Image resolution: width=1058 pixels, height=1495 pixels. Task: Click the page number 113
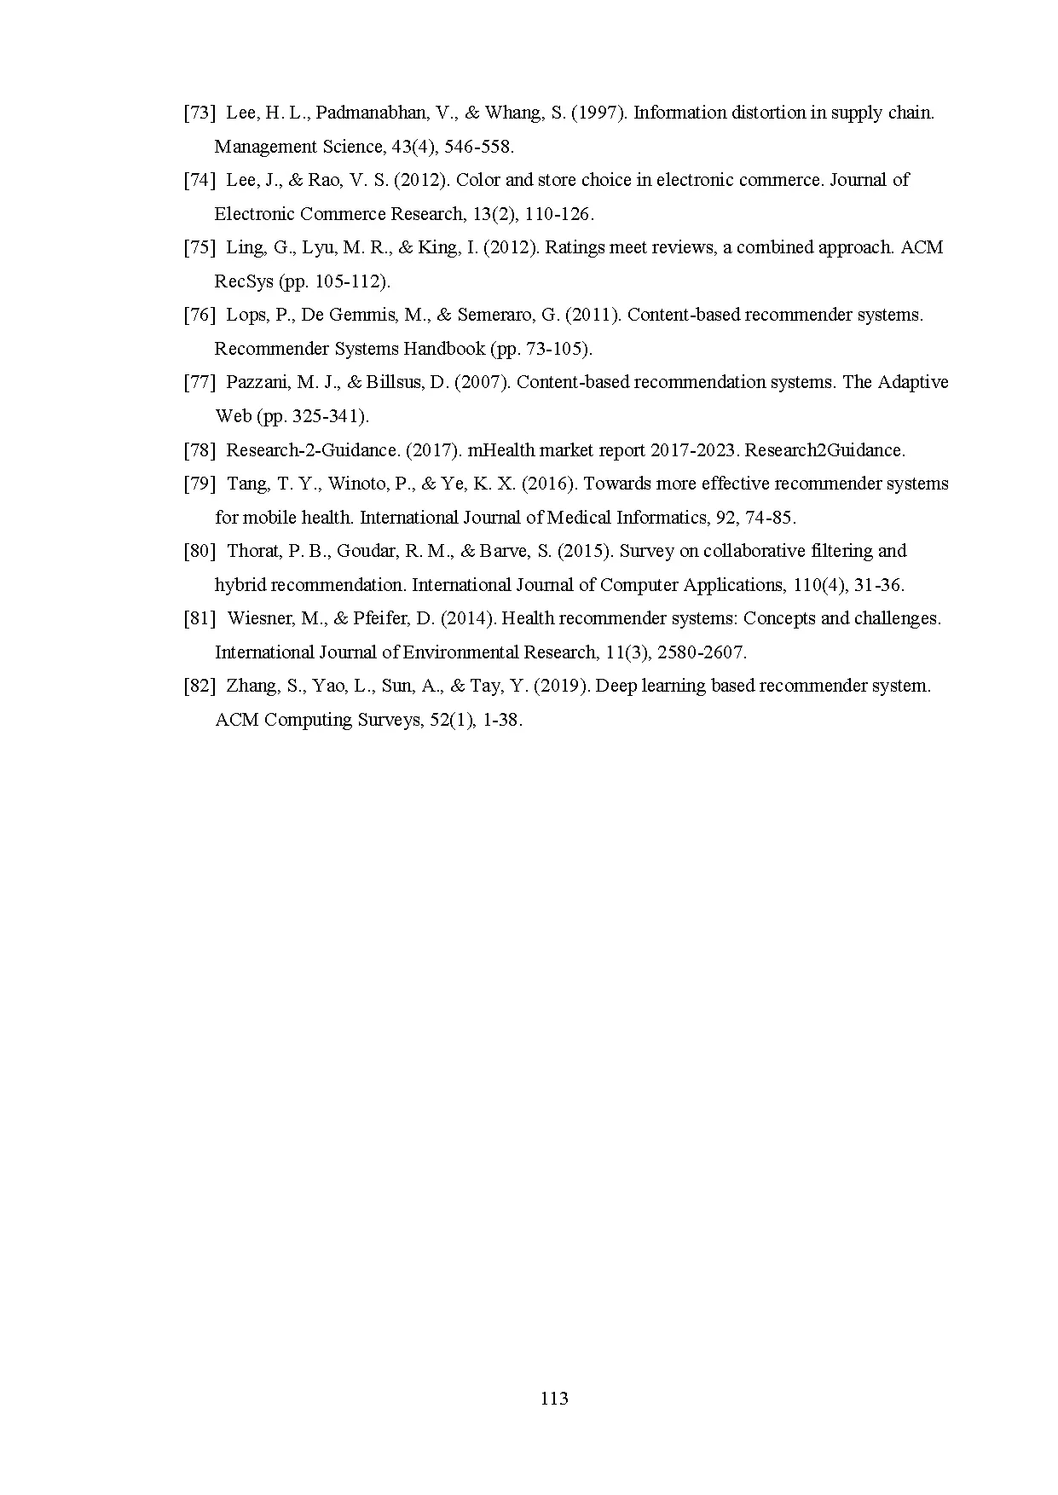(x=554, y=1399)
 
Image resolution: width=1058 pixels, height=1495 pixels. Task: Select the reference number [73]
(x=199, y=113)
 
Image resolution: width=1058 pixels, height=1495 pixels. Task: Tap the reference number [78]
(x=199, y=450)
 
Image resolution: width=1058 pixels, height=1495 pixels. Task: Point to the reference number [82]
(x=199, y=686)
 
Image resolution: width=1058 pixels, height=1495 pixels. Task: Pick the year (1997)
(x=599, y=113)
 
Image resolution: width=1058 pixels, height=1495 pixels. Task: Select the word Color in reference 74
(x=479, y=180)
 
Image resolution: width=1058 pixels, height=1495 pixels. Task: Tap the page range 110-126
(x=558, y=214)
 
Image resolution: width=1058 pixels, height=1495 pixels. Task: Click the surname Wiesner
(x=258, y=618)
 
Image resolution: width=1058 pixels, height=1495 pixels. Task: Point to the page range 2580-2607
(x=702, y=652)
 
